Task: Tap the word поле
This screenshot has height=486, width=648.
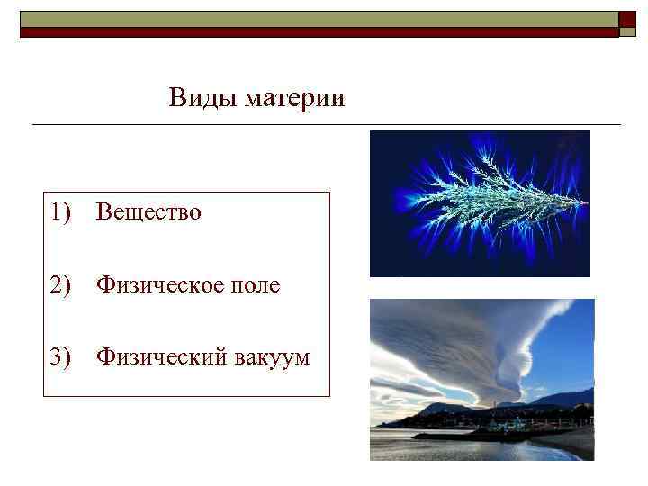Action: pyautogui.click(x=256, y=285)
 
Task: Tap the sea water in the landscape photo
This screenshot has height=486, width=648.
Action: pyautogui.click(x=423, y=445)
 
